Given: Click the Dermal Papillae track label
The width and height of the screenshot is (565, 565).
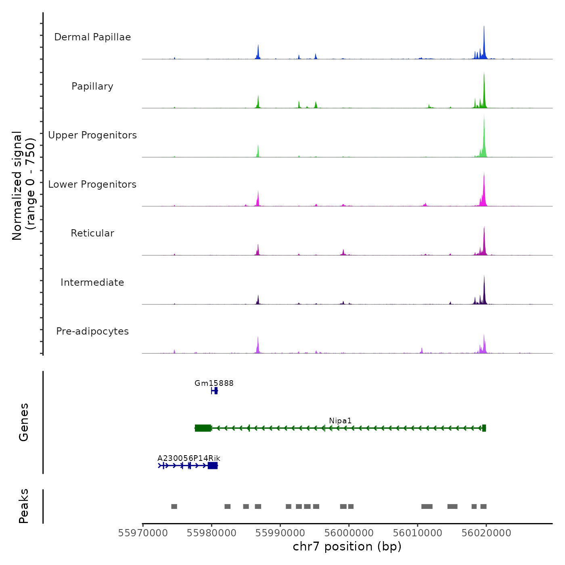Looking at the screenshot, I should tap(92, 37).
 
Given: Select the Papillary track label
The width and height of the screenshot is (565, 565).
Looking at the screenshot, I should tap(92, 86).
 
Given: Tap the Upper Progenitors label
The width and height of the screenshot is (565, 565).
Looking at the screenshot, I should tap(92, 135).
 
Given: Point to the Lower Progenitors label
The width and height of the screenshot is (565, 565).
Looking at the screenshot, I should tap(92, 184).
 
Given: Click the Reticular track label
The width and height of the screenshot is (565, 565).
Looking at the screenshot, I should tap(92, 233).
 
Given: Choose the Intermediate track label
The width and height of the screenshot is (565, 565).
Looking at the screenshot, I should tap(92, 282).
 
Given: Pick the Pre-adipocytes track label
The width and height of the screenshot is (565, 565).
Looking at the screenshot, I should tap(92, 331).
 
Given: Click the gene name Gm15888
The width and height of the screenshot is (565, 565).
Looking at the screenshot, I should tap(214, 383).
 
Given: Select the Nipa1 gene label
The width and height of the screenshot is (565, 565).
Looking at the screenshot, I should tap(340, 421).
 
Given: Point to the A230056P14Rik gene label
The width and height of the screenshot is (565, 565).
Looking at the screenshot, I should tap(189, 458).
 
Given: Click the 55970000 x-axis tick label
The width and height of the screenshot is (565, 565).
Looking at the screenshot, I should tap(143, 533).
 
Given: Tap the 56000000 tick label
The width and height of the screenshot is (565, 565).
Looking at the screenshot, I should tap(349, 533).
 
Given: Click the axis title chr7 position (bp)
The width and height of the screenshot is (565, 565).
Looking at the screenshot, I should tap(347, 546).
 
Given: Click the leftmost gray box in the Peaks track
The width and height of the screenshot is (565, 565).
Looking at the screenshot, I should tap(174, 506).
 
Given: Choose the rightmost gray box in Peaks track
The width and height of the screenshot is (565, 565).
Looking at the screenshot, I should tap(483, 506).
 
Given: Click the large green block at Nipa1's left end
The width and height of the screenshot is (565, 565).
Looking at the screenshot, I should tap(203, 428).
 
